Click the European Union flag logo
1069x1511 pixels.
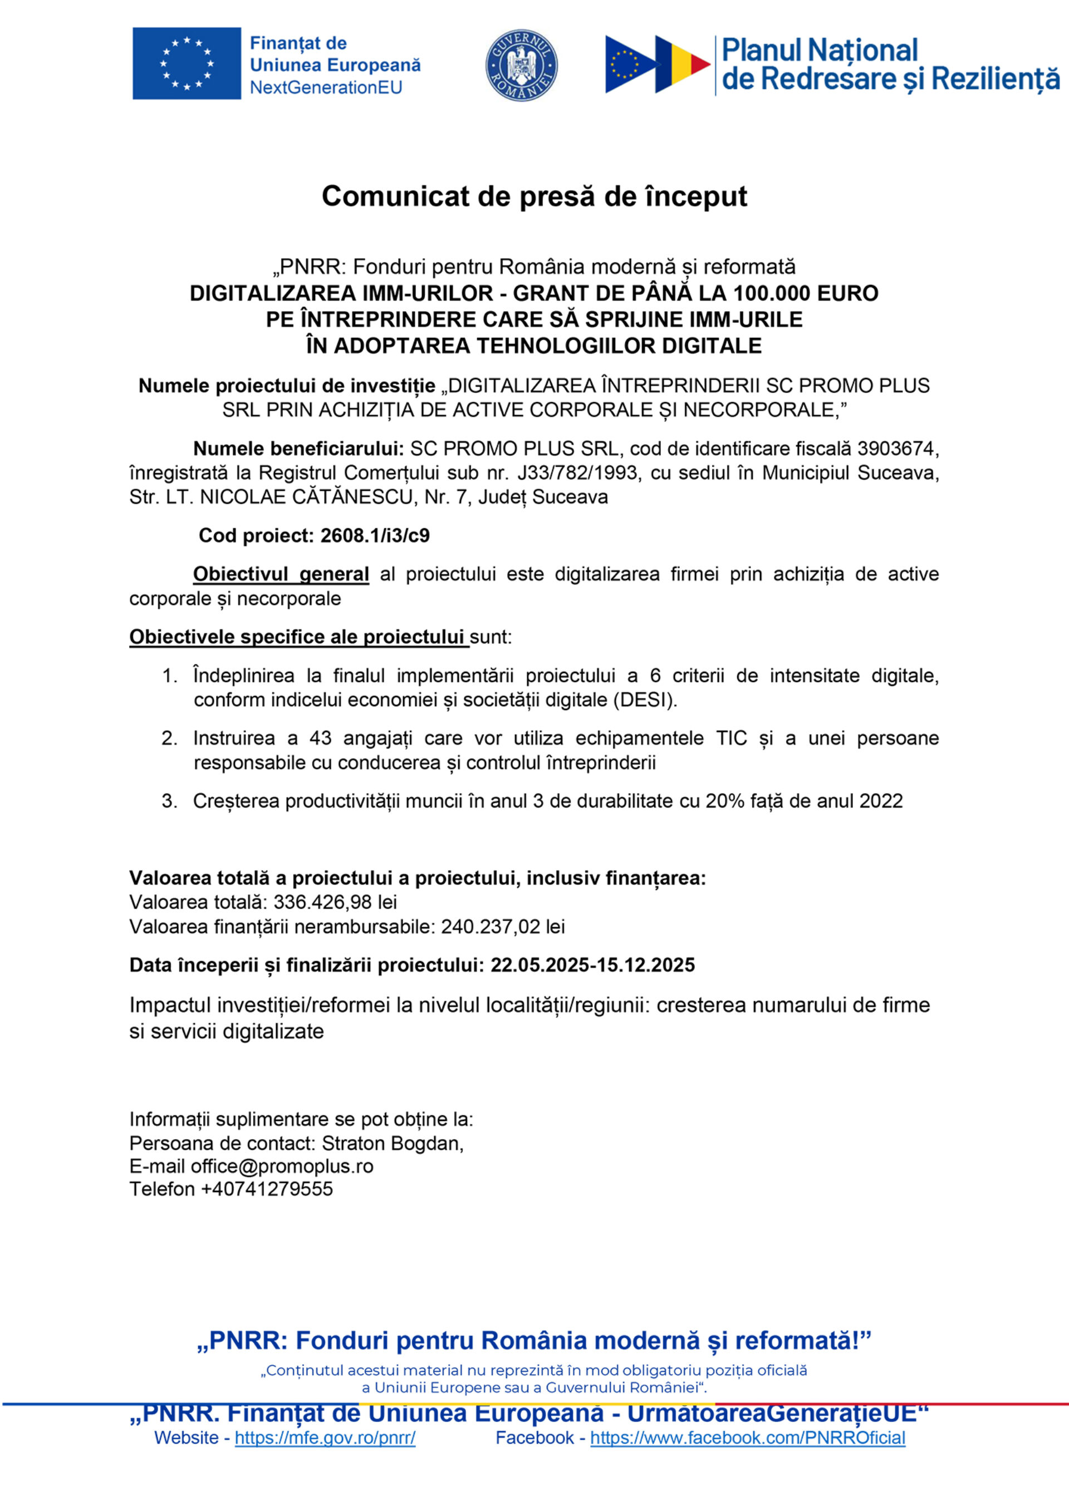(187, 63)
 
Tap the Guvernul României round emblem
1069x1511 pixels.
(521, 65)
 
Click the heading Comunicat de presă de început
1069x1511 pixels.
(534, 196)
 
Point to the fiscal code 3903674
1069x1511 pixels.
(896, 448)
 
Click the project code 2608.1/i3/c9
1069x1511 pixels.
(375, 535)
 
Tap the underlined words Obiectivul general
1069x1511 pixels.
(281, 574)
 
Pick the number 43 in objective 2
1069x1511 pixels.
(320, 738)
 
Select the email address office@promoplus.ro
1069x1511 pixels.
(282, 1166)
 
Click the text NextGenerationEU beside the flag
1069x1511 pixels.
(326, 87)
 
